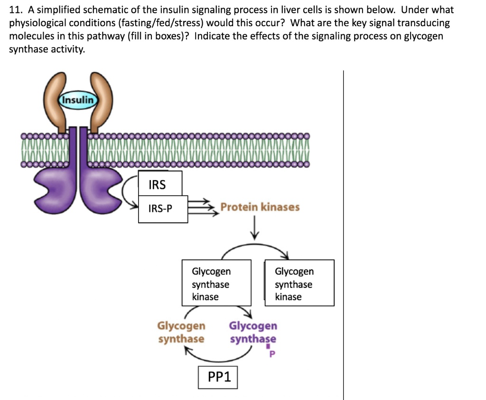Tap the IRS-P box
(x=163, y=209)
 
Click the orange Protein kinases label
(x=260, y=207)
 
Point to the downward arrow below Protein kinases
(x=256, y=229)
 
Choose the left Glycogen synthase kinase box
(x=216, y=284)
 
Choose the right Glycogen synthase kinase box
(x=299, y=284)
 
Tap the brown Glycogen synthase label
(x=181, y=332)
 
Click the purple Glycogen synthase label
(x=253, y=332)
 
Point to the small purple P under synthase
(x=272, y=354)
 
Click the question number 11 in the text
(x=14, y=10)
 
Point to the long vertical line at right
(x=344, y=238)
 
